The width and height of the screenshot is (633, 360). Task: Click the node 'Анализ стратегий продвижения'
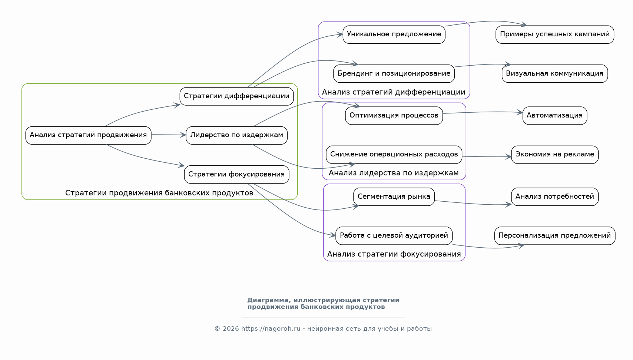click(x=88, y=135)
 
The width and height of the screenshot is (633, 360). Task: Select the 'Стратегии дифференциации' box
click(x=236, y=96)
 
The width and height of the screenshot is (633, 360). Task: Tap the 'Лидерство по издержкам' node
click(x=236, y=135)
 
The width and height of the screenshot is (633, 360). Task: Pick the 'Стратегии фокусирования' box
click(x=236, y=174)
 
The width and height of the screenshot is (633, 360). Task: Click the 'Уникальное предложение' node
click(x=394, y=34)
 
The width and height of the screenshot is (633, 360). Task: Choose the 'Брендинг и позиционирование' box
click(x=394, y=73)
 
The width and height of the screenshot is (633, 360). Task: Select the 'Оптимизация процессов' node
click(x=394, y=115)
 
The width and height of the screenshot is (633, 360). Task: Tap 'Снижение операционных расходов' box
click(x=394, y=154)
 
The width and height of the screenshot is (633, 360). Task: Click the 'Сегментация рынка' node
click(x=394, y=196)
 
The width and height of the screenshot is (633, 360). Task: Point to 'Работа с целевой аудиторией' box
click(x=394, y=235)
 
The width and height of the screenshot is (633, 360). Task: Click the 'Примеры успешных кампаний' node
click(x=554, y=34)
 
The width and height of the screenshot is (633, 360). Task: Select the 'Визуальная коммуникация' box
click(x=554, y=73)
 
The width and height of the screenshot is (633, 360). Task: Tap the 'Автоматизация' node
click(x=554, y=115)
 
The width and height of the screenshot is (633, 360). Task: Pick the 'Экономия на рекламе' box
click(x=554, y=154)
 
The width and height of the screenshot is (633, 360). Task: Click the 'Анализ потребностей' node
click(x=554, y=196)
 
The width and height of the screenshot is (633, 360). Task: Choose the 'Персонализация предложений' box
click(x=554, y=235)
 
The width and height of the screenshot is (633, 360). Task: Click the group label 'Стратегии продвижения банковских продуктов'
click(x=159, y=193)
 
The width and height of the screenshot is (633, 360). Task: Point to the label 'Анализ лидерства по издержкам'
click(x=394, y=173)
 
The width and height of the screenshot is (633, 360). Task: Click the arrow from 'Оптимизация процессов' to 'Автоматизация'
click(x=482, y=112)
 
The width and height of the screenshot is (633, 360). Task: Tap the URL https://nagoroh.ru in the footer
click(x=271, y=329)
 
